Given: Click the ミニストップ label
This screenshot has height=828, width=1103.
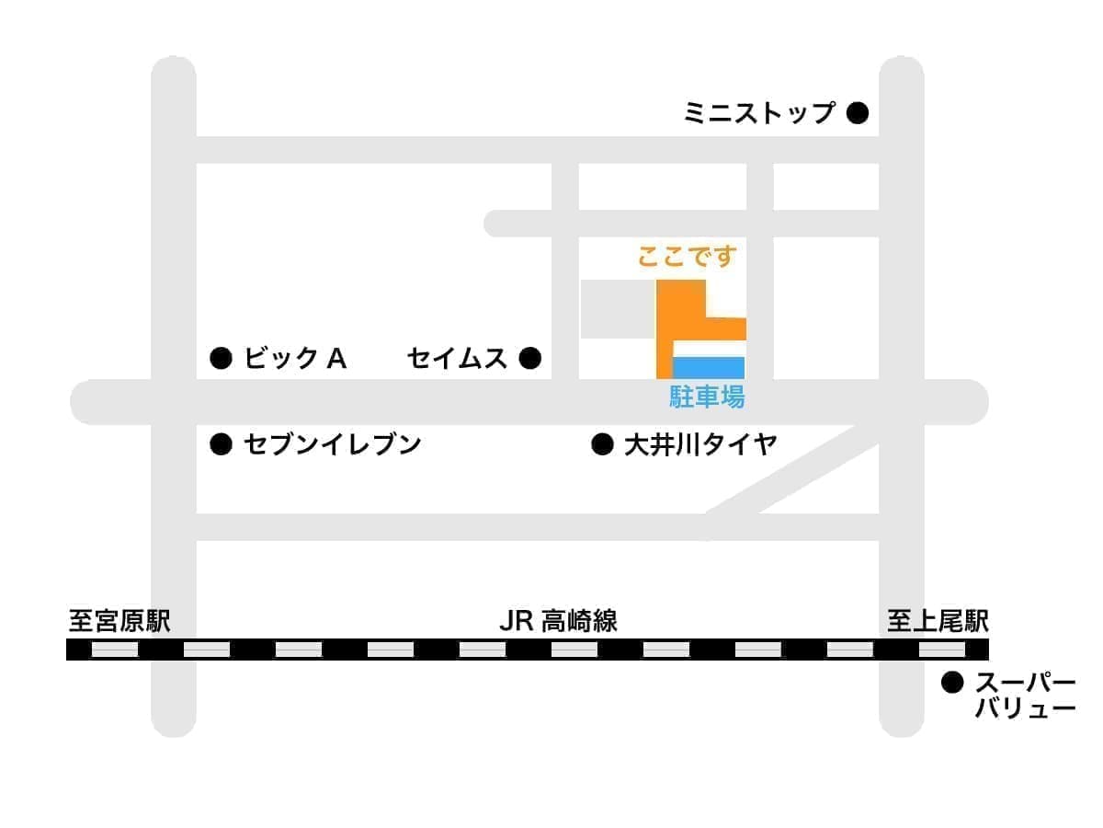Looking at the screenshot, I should pos(759,113).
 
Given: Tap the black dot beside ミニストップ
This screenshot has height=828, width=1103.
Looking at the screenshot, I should pos(857,113).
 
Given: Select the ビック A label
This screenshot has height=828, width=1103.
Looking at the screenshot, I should pos(294,358).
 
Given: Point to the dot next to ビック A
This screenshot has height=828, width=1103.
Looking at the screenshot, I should pos(221,358).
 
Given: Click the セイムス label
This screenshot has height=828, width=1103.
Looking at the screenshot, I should pos(457,358).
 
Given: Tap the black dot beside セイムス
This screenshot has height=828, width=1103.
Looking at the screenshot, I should pos(529,358).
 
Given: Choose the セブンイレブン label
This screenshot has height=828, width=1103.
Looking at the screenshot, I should pos(332,445).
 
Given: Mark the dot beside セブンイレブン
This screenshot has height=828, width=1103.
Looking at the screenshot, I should pos(221,445).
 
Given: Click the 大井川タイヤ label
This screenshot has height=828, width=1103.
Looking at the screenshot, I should pos(700,445).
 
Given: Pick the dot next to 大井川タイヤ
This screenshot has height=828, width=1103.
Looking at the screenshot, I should pos(602,445).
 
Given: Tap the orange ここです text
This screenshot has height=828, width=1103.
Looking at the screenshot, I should pos(688,258).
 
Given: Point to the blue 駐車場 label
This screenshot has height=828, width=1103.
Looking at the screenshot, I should pos(707,397).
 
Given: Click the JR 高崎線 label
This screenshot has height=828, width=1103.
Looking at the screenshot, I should pos(558,621).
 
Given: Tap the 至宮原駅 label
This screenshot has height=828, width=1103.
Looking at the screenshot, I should pos(119,621).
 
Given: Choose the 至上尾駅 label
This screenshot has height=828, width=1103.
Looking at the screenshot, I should pos(938,621).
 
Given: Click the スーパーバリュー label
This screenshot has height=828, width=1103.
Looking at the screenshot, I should pos(1025,696).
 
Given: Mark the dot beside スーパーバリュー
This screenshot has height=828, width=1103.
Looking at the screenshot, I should pos(952,684).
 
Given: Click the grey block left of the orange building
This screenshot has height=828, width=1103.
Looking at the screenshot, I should pos(617,309).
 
